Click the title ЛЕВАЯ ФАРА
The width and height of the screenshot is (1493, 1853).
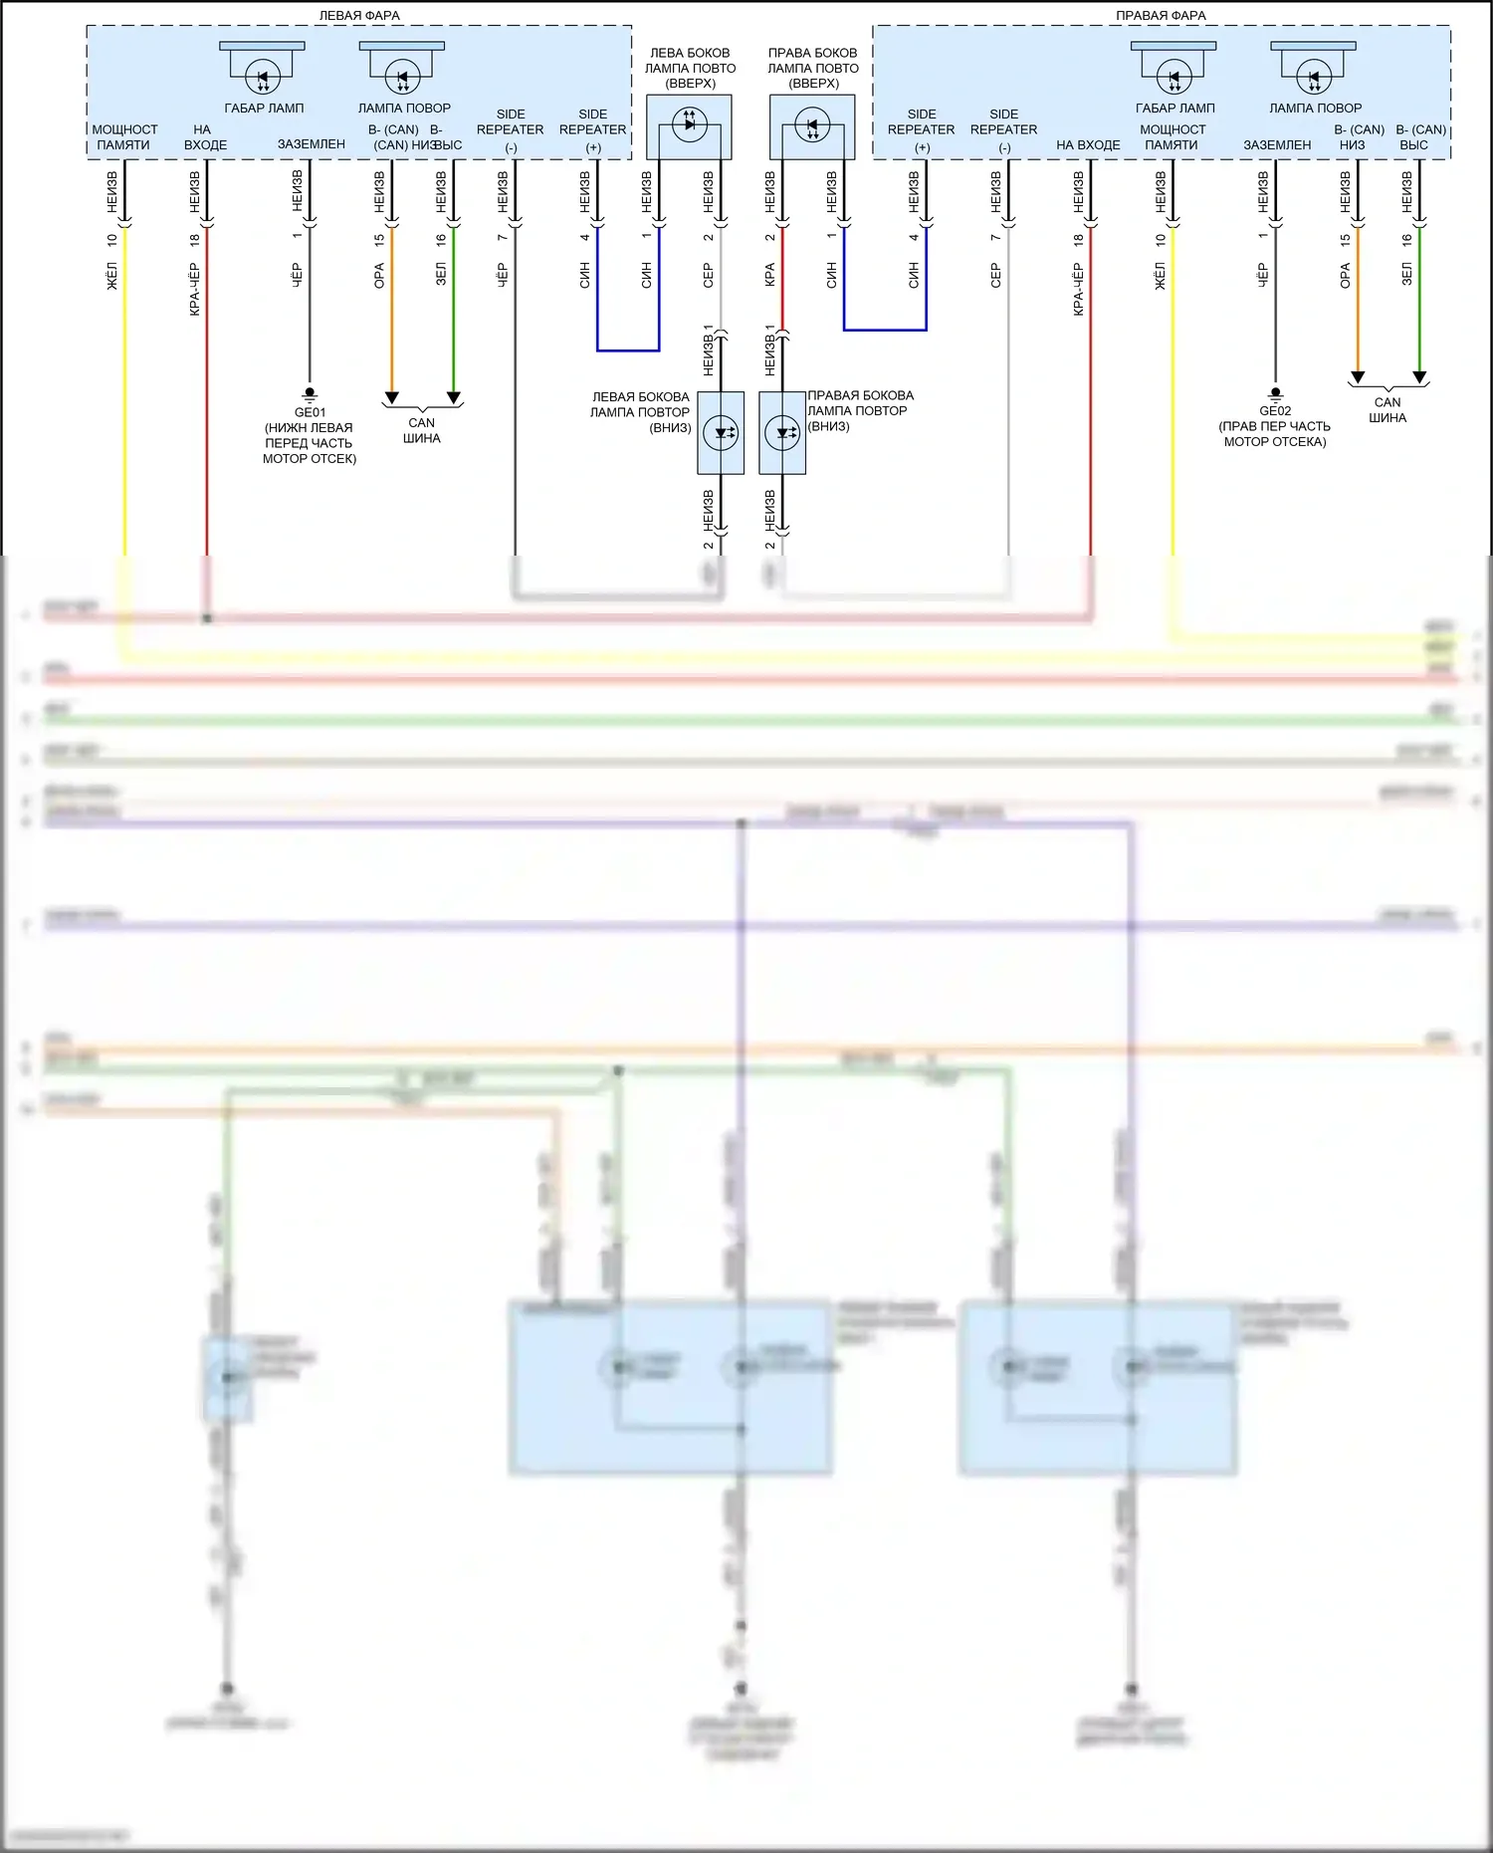click(359, 16)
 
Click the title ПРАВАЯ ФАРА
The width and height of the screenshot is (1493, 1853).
click(1161, 16)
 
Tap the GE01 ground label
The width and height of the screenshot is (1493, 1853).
click(310, 412)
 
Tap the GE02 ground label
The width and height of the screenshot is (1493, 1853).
click(1275, 410)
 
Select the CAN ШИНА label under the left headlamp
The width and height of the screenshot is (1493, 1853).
click(422, 430)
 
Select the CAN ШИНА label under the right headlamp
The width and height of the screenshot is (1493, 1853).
click(1387, 410)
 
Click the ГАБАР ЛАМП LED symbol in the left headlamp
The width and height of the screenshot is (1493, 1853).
click(263, 75)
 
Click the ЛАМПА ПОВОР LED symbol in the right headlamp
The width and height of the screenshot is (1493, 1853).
click(1314, 75)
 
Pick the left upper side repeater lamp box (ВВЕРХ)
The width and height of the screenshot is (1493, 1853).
click(689, 126)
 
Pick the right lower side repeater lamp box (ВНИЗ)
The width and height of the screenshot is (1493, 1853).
click(782, 433)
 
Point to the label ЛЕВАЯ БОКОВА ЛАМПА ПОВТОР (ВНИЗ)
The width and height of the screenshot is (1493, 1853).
click(640, 411)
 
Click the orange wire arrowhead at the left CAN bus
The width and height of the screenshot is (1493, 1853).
click(392, 398)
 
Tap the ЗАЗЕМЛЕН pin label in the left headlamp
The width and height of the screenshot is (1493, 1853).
click(312, 144)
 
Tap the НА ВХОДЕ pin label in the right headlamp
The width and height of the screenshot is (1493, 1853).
click(1088, 145)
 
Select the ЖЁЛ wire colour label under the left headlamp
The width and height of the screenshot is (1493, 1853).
click(112, 276)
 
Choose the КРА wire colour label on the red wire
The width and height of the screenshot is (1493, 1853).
click(769, 275)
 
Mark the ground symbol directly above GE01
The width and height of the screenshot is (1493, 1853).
click(310, 394)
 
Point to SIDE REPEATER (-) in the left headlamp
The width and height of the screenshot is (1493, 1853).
click(511, 130)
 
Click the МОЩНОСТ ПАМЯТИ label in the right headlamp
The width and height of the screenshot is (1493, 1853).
click(1173, 137)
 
